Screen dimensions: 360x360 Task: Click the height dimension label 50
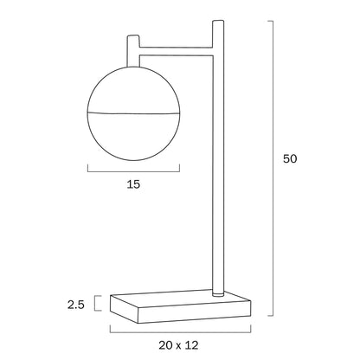coord(290,159)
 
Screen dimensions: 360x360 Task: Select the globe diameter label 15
coord(133,184)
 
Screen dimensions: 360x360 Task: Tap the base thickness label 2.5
coord(76,305)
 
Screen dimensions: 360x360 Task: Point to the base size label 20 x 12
coord(178,345)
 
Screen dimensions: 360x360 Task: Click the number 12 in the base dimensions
coord(192,345)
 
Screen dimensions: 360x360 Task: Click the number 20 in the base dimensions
coord(166,345)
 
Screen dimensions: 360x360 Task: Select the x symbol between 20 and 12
coord(179,345)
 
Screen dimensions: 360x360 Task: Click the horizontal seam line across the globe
coord(133,113)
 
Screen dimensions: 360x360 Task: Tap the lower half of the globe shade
coord(133,137)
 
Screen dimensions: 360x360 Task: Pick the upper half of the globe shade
coord(133,90)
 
